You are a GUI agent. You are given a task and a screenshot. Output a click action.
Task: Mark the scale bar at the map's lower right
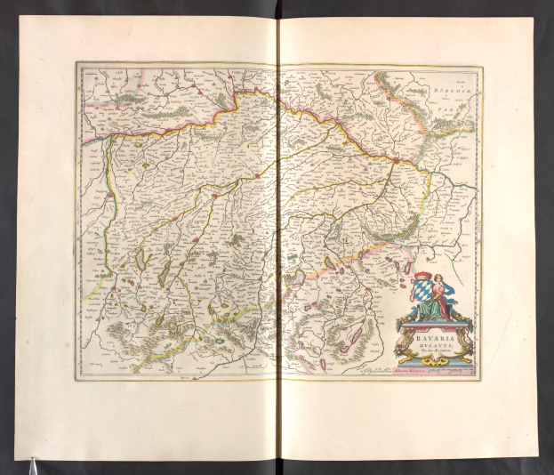(x=454, y=373)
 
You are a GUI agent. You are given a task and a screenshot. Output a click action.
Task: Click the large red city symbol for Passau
(x=394, y=161)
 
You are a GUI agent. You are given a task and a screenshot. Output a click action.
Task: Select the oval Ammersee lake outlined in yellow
(x=142, y=262)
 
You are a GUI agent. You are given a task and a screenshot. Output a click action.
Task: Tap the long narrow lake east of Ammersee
(x=165, y=270)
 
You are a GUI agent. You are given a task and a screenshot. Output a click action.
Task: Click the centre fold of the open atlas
(x=277, y=240)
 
